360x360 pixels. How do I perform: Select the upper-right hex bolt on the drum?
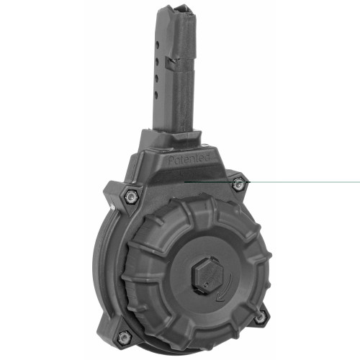coord(238,185)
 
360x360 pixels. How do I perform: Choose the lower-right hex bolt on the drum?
coord(259,317)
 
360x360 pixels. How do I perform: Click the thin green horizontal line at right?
coord(302,182)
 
